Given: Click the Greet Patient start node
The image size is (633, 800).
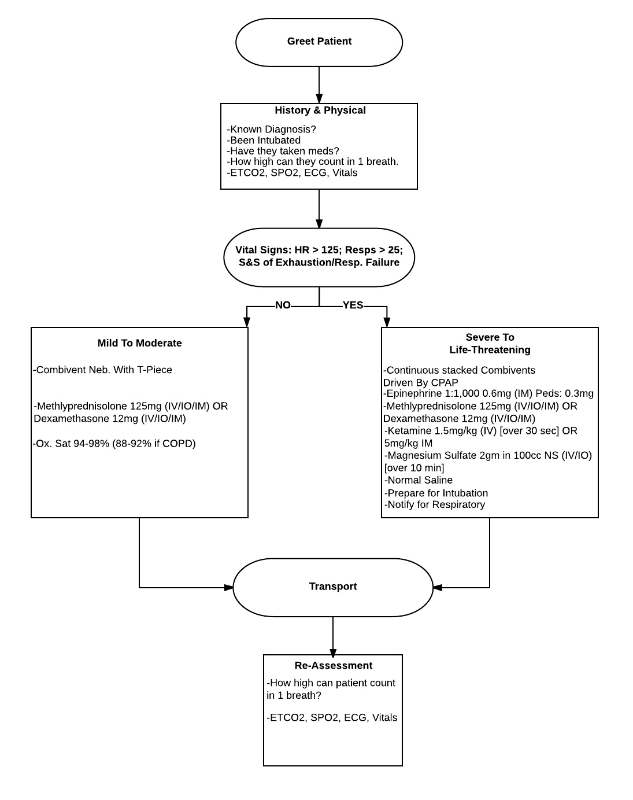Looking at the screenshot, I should click(x=319, y=42).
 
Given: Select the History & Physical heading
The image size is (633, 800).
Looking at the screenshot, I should click(x=320, y=110).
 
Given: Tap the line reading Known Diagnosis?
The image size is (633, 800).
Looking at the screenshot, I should click(x=272, y=130).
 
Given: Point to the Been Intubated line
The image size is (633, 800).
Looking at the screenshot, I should click(x=264, y=141).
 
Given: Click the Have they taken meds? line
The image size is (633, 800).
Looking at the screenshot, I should click(x=283, y=151).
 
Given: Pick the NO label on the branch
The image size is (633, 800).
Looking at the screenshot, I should click(x=283, y=305).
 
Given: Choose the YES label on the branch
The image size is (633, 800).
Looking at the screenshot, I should click(x=353, y=305).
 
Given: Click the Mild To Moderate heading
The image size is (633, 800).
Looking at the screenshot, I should click(x=139, y=343).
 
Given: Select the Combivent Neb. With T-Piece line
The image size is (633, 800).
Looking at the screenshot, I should click(x=103, y=370).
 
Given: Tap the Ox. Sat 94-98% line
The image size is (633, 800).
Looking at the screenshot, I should click(x=114, y=444).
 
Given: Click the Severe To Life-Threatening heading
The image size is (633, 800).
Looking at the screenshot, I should click(x=490, y=344).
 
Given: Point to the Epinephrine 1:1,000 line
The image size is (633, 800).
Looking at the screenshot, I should click(x=488, y=394).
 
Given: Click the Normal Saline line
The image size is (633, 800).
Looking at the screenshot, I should click(x=419, y=480).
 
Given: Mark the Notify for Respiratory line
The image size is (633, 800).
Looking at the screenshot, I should click(x=435, y=504).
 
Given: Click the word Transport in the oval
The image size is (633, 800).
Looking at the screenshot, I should click(x=333, y=587).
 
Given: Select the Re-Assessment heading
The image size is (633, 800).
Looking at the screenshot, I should click(x=333, y=666).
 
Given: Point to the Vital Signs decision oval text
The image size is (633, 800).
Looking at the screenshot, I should click(x=319, y=256).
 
